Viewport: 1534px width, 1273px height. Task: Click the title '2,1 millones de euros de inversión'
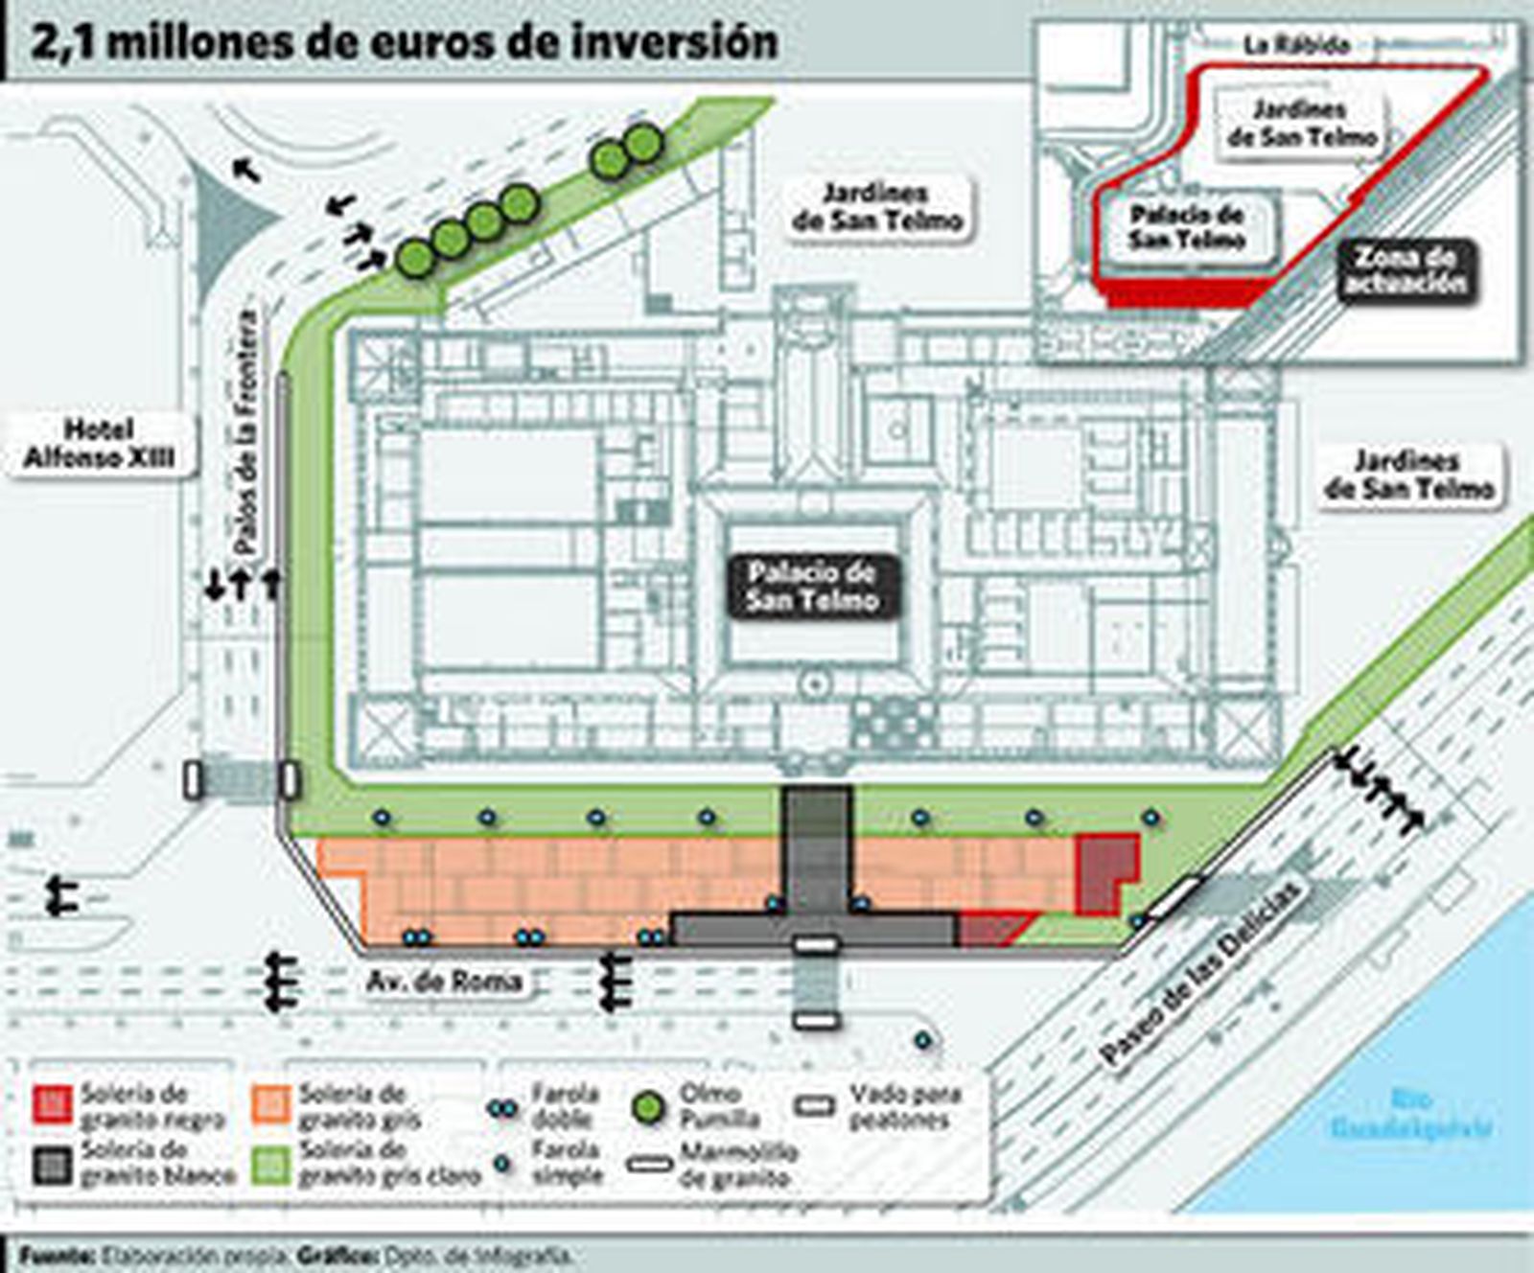(403, 43)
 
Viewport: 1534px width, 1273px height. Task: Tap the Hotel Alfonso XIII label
(99, 444)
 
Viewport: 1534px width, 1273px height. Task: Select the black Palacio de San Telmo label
(812, 586)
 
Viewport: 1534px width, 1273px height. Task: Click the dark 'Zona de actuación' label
(1405, 270)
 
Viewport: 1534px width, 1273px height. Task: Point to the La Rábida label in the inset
(1296, 45)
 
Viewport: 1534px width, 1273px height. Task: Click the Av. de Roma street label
(444, 981)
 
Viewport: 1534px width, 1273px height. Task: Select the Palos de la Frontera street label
(246, 432)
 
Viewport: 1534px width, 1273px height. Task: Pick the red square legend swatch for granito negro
(53, 1104)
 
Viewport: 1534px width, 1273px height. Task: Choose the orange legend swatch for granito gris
(270, 1104)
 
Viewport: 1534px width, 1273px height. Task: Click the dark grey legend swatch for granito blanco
(53, 1164)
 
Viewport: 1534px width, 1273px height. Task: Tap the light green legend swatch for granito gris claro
(270, 1164)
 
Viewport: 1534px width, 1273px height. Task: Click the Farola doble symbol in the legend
(502, 1108)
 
